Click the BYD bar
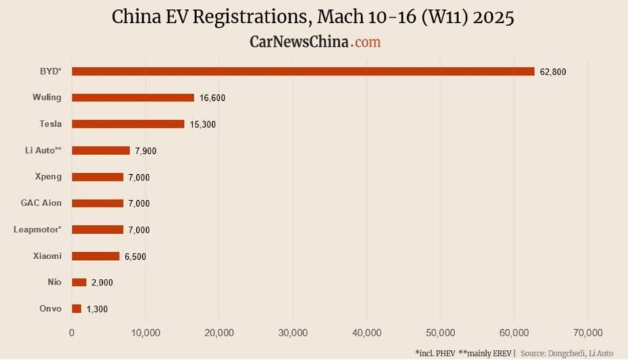pos(303,71)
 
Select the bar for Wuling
pos(133,98)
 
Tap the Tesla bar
pos(128,124)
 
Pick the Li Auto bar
pos(101,151)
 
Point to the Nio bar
pos(79,282)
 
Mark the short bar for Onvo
pos(77,308)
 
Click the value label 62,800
pos(553,72)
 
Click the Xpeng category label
pos(48,177)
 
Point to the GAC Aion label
pos(41,203)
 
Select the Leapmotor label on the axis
pos(37,229)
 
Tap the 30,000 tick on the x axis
pos(293,333)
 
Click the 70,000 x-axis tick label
pos(587,333)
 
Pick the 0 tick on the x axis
pos(72,333)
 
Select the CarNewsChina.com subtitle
pos(315,42)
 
